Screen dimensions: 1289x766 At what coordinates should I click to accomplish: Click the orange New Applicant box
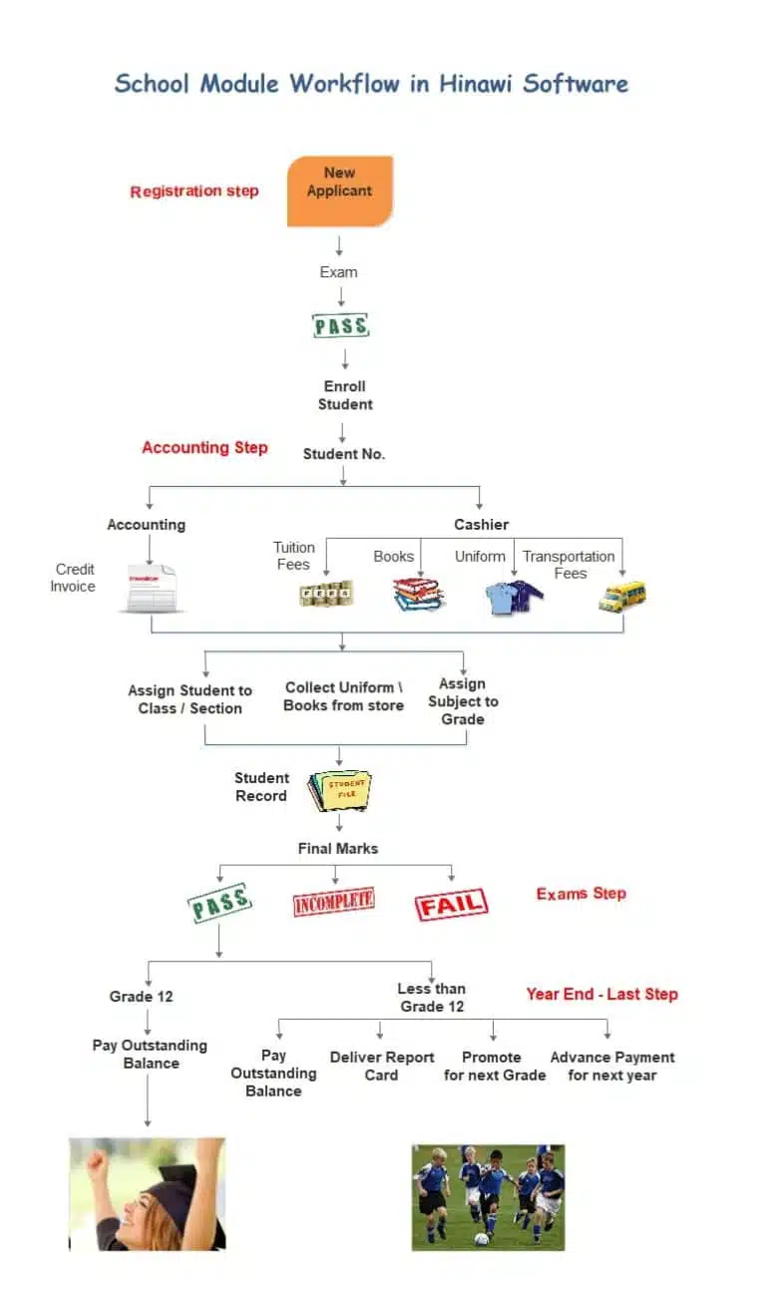point(339,190)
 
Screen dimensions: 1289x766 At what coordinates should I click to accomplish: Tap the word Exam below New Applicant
point(338,271)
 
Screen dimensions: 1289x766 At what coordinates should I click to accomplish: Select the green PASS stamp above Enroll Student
point(341,326)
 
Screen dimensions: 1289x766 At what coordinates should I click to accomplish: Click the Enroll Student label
point(345,395)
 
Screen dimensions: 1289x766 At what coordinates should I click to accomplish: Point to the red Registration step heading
point(194,192)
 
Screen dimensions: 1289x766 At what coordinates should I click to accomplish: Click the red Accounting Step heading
point(204,447)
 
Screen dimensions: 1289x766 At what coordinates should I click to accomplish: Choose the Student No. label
point(344,454)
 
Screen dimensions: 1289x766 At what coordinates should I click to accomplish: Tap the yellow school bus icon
point(622,596)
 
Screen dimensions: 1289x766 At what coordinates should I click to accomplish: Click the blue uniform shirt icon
point(513,597)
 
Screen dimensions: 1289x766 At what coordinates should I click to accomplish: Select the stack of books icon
point(418,595)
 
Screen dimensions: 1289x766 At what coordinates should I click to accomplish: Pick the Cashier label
point(481,524)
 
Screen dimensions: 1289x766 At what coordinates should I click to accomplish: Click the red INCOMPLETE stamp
point(333,901)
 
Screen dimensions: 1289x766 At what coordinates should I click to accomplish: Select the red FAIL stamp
point(451,904)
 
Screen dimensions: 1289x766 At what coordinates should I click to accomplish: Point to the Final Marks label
point(338,848)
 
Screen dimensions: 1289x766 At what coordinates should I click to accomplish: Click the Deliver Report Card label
point(382,1066)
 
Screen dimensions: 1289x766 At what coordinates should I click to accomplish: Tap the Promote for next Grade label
point(495,1066)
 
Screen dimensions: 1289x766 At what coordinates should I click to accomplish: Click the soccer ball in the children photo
point(482,1238)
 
